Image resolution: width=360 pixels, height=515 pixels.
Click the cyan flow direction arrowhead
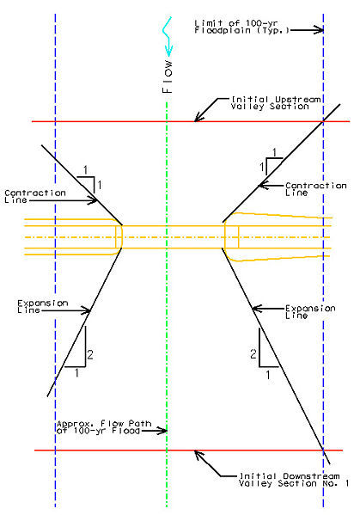168,50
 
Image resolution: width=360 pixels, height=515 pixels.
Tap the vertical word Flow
167,77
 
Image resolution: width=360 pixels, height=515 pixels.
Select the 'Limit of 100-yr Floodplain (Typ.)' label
242,27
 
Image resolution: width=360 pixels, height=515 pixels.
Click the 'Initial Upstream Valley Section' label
275,103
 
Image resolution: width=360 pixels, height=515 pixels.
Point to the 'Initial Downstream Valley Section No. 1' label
294,480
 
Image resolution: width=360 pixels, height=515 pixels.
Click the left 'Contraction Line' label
35,196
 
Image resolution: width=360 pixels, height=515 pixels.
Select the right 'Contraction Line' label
315,189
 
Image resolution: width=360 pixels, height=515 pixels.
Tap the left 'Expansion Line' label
43,306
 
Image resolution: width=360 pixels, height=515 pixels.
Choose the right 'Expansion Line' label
310,312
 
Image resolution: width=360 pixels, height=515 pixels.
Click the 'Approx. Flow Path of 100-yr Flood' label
104,427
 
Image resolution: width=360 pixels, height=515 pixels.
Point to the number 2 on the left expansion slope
90,355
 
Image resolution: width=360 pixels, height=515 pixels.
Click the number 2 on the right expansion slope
253,354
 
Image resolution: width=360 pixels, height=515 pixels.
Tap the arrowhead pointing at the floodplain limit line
318,30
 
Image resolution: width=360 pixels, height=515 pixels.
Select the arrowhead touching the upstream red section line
198,117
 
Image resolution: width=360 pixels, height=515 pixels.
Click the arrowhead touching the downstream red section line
198,455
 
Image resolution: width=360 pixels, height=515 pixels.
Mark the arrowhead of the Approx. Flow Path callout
162,430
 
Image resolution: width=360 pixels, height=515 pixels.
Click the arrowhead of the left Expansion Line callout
85,310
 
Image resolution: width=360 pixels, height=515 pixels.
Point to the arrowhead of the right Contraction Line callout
264,186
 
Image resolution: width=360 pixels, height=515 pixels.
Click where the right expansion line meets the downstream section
323,450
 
